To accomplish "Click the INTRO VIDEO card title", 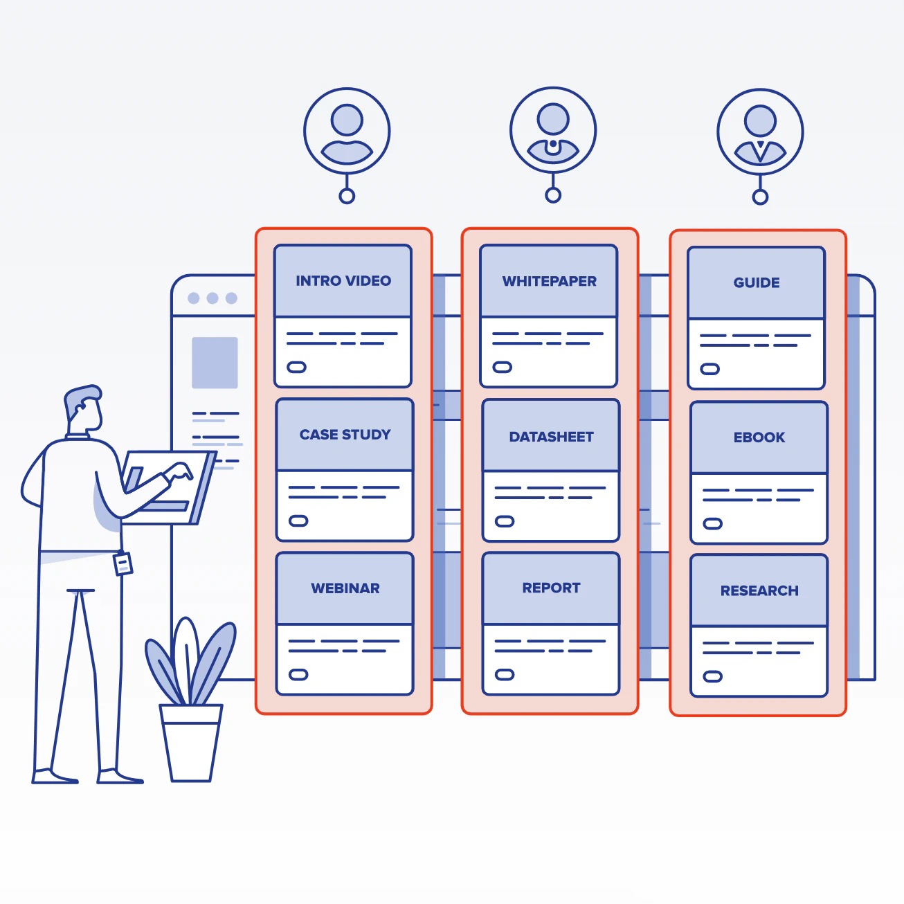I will (343, 281).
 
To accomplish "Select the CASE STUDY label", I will (345, 435).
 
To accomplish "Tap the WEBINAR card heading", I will (345, 588).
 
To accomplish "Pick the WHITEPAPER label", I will (549, 281).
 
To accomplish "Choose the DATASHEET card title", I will (551, 437).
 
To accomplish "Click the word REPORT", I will (551, 588).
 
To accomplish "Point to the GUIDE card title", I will (757, 282).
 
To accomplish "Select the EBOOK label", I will (759, 437).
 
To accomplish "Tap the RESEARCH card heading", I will (759, 591).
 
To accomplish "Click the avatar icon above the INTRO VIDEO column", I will (347, 131).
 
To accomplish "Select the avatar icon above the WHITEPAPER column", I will (553, 130).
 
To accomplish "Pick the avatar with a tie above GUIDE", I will (760, 132).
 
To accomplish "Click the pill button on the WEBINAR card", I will (298, 674).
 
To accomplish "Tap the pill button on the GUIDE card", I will (710, 369).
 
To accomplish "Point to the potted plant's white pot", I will (190, 742).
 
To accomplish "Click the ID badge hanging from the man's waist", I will (123, 563).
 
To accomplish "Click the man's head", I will (84, 408).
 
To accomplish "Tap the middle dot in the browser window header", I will (213, 298).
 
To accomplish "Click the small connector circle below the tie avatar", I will (760, 197).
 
